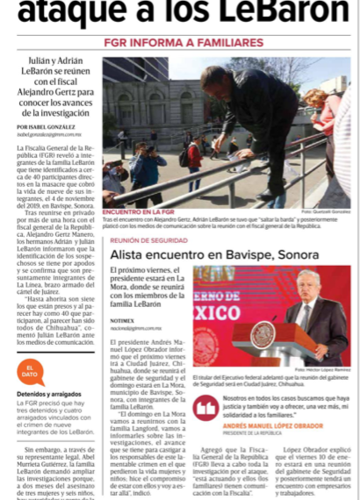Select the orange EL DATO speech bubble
(x=29, y=369)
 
